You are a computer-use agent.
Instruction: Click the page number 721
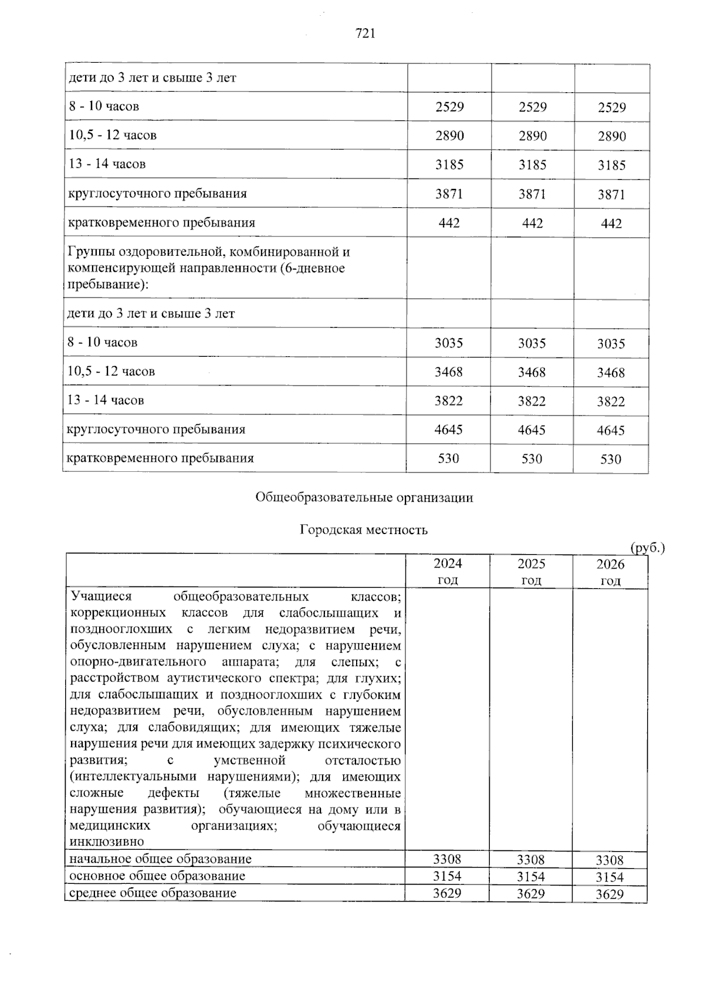[365, 33]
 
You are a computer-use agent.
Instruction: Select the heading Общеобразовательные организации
[364, 498]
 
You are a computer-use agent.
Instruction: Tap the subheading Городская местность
[364, 530]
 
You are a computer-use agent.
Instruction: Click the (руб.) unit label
[647, 548]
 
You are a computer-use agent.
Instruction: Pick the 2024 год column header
[448, 572]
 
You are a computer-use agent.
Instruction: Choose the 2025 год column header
[531, 572]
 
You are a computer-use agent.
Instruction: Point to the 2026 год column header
[610, 572]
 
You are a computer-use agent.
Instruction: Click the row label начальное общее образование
[160, 859]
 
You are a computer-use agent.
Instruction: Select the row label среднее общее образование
[153, 893]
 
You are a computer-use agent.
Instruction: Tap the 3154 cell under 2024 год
[447, 876]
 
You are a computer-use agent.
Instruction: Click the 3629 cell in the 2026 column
[610, 894]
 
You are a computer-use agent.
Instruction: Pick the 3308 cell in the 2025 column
[530, 860]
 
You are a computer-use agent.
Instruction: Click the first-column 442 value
[449, 223]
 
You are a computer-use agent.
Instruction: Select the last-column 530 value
[611, 459]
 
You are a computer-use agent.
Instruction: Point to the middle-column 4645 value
[532, 430]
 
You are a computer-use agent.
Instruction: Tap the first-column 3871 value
[449, 194]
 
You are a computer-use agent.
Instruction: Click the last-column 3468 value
[611, 373]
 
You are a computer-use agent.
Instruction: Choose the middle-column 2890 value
[533, 136]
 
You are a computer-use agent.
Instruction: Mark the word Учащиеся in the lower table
[101, 596]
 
